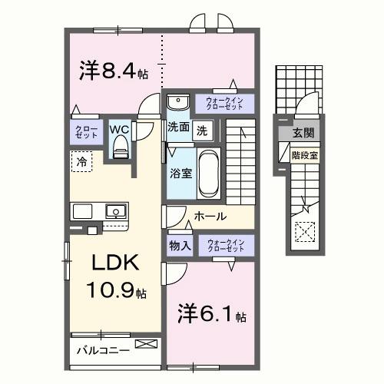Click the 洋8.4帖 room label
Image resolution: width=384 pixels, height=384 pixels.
pyautogui.click(x=112, y=71)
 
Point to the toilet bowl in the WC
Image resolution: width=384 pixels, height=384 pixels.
pyautogui.click(x=118, y=150)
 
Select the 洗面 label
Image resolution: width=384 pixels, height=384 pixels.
pyautogui.click(x=179, y=128)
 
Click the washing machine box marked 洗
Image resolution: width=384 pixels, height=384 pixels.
pyautogui.click(x=201, y=130)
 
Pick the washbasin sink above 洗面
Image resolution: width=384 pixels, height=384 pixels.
pyautogui.click(x=177, y=102)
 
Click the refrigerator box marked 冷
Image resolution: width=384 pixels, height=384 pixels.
pyautogui.click(x=81, y=161)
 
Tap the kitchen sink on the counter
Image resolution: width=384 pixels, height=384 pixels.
pyautogui.click(x=114, y=210)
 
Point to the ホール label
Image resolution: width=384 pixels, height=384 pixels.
pyautogui.click(x=210, y=217)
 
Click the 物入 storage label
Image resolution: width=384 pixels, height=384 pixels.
pyautogui.click(x=180, y=246)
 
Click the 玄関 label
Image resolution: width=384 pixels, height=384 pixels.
pyautogui.click(x=303, y=133)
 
